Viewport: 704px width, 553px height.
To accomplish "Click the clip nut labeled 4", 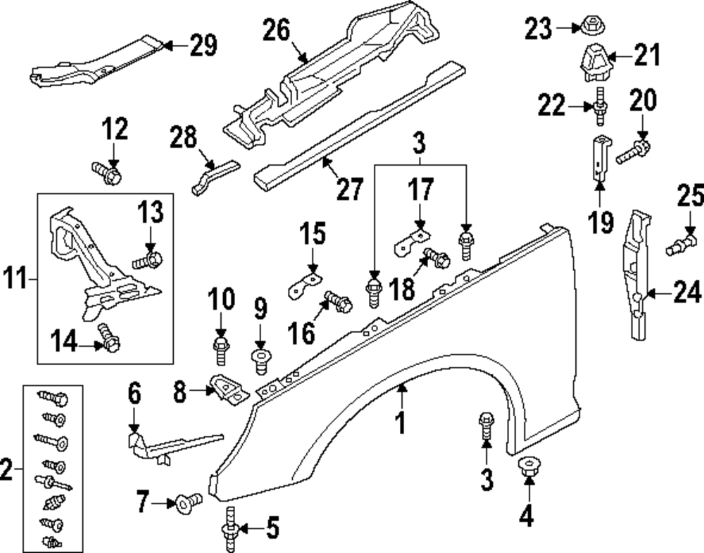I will point(525,466).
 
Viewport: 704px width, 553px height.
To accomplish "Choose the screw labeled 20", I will point(632,151).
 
